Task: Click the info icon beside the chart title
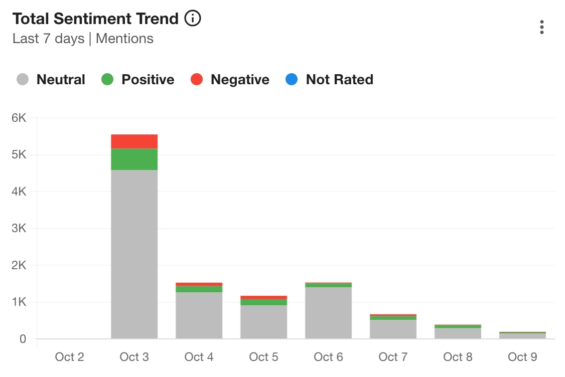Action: coord(193,19)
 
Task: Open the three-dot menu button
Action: coord(542,27)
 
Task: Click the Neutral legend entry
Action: coord(51,80)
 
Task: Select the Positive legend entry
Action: coord(138,80)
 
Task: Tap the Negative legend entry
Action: coord(230,80)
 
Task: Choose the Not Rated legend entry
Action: coord(330,80)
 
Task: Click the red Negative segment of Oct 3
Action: coord(134,141)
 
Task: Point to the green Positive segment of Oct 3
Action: coord(134,159)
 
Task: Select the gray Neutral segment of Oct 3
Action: coord(134,254)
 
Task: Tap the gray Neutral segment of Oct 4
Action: coord(199,315)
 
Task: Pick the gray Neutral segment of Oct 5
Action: coord(263,322)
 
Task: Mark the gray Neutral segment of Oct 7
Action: coord(393,329)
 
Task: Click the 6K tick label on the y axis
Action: coord(19,118)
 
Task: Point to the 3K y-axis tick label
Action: coord(19,229)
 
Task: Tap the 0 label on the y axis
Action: coord(23,339)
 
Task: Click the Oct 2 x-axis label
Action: coord(69,357)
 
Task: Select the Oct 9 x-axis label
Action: coord(522,357)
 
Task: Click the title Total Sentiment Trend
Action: coord(95,19)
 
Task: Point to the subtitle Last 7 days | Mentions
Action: coord(83,39)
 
